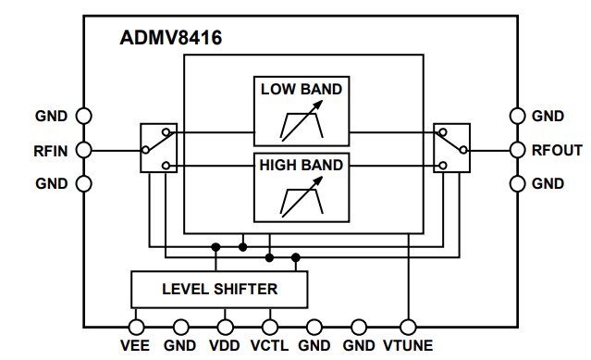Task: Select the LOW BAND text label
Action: [x=301, y=90]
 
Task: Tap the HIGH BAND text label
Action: [x=301, y=166]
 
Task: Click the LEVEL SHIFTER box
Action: [x=218, y=289]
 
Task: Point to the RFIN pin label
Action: [x=47, y=149]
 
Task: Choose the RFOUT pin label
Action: [x=556, y=149]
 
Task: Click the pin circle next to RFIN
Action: [x=83, y=149]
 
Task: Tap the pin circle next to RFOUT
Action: [x=518, y=149]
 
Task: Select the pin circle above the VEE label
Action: [x=137, y=326]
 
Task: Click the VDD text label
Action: [x=225, y=349]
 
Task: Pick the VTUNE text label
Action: [x=408, y=349]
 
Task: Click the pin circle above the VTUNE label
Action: [x=407, y=326]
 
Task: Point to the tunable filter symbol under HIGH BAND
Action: [x=301, y=196]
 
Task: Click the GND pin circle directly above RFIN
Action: [x=83, y=116]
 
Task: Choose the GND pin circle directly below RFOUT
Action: [x=518, y=183]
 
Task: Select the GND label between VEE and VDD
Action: [x=180, y=349]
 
